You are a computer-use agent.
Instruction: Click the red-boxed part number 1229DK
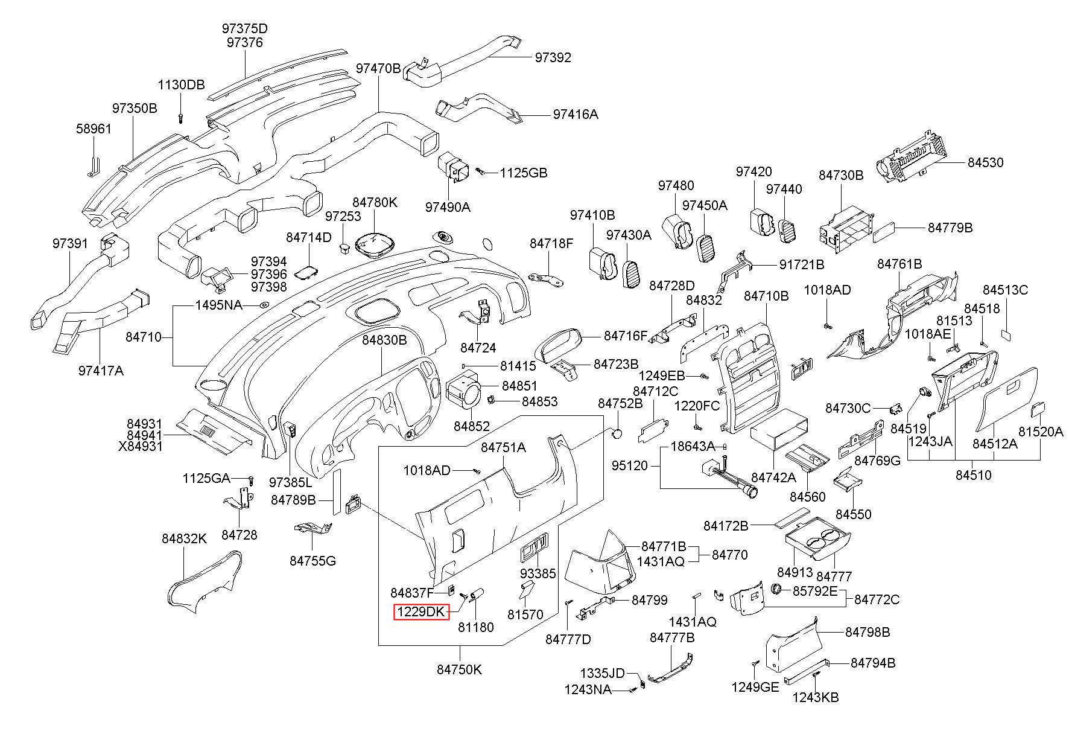tap(422, 612)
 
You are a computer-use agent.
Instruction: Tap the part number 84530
tap(986, 162)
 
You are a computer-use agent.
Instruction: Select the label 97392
tap(553, 57)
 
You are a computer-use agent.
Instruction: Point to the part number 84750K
tap(460, 669)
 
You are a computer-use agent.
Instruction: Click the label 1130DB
tap(182, 85)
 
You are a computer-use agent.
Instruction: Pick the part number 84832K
tap(184, 538)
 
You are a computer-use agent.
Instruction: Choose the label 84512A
tap(995, 444)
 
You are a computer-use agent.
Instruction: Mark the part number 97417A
tap(101, 371)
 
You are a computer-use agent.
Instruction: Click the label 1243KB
tap(816, 697)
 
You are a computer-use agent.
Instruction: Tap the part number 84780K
tap(375, 202)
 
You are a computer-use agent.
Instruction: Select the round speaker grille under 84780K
tap(375, 244)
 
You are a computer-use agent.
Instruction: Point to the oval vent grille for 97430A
tap(631, 275)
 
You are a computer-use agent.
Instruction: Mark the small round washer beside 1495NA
tap(264, 305)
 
